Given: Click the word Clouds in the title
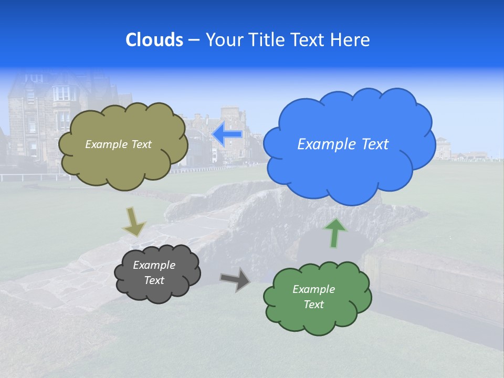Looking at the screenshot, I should click(154, 40).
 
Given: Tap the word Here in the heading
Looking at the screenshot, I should click(351, 40).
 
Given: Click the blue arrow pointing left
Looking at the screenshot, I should click(227, 134).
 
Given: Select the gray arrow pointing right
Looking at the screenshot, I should click(236, 279).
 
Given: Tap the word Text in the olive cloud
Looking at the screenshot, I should click(141, 144).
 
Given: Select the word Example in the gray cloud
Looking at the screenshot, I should click(154, 265).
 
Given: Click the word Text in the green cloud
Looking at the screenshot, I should click(313, 304).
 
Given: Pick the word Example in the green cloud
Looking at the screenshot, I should click(313, 289).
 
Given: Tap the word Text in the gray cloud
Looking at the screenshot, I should click(154, 280).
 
